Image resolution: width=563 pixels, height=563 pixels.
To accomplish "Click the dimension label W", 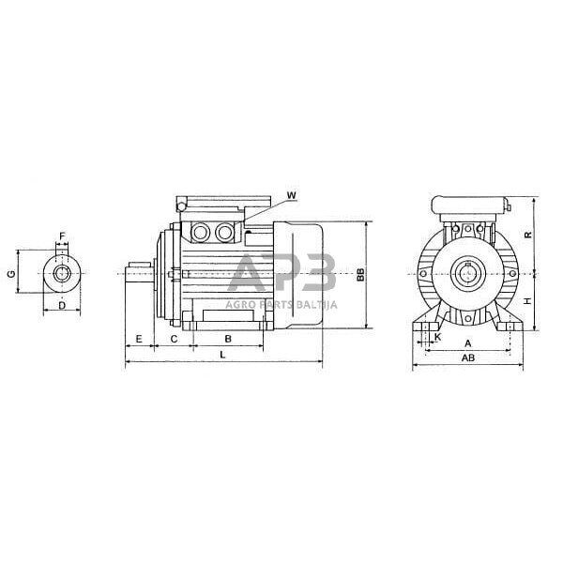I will pos(291,195).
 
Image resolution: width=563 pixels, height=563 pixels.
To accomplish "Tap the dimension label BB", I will pos(361,275).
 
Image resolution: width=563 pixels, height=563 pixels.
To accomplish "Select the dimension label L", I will pos(221,355).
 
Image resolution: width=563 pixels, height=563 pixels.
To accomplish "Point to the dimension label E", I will pos(139,337).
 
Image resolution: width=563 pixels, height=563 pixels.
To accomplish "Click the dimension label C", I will pos(174,337).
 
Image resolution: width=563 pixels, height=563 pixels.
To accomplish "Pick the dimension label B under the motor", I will pos(228,337).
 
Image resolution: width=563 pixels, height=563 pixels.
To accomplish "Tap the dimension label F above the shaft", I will pos(63,236).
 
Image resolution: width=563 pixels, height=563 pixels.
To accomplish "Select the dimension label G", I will pos(11,273).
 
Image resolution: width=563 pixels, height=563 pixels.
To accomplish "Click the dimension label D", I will pos(61,306).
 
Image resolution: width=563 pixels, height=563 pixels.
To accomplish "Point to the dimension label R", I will pos(527,236).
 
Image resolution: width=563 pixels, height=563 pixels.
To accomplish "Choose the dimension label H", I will pos(527,301).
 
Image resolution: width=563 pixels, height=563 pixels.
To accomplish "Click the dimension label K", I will pos(437,335).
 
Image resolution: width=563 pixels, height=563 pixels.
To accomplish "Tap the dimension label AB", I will pos(466,358).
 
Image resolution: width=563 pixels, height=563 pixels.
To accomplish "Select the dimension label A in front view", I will pos(468,343).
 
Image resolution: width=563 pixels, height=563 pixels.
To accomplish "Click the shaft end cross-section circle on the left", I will pos(62,273).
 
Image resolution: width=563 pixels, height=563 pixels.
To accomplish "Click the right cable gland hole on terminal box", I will pos(225,230).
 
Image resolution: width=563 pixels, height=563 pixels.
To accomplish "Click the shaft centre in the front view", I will pos(466,274).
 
